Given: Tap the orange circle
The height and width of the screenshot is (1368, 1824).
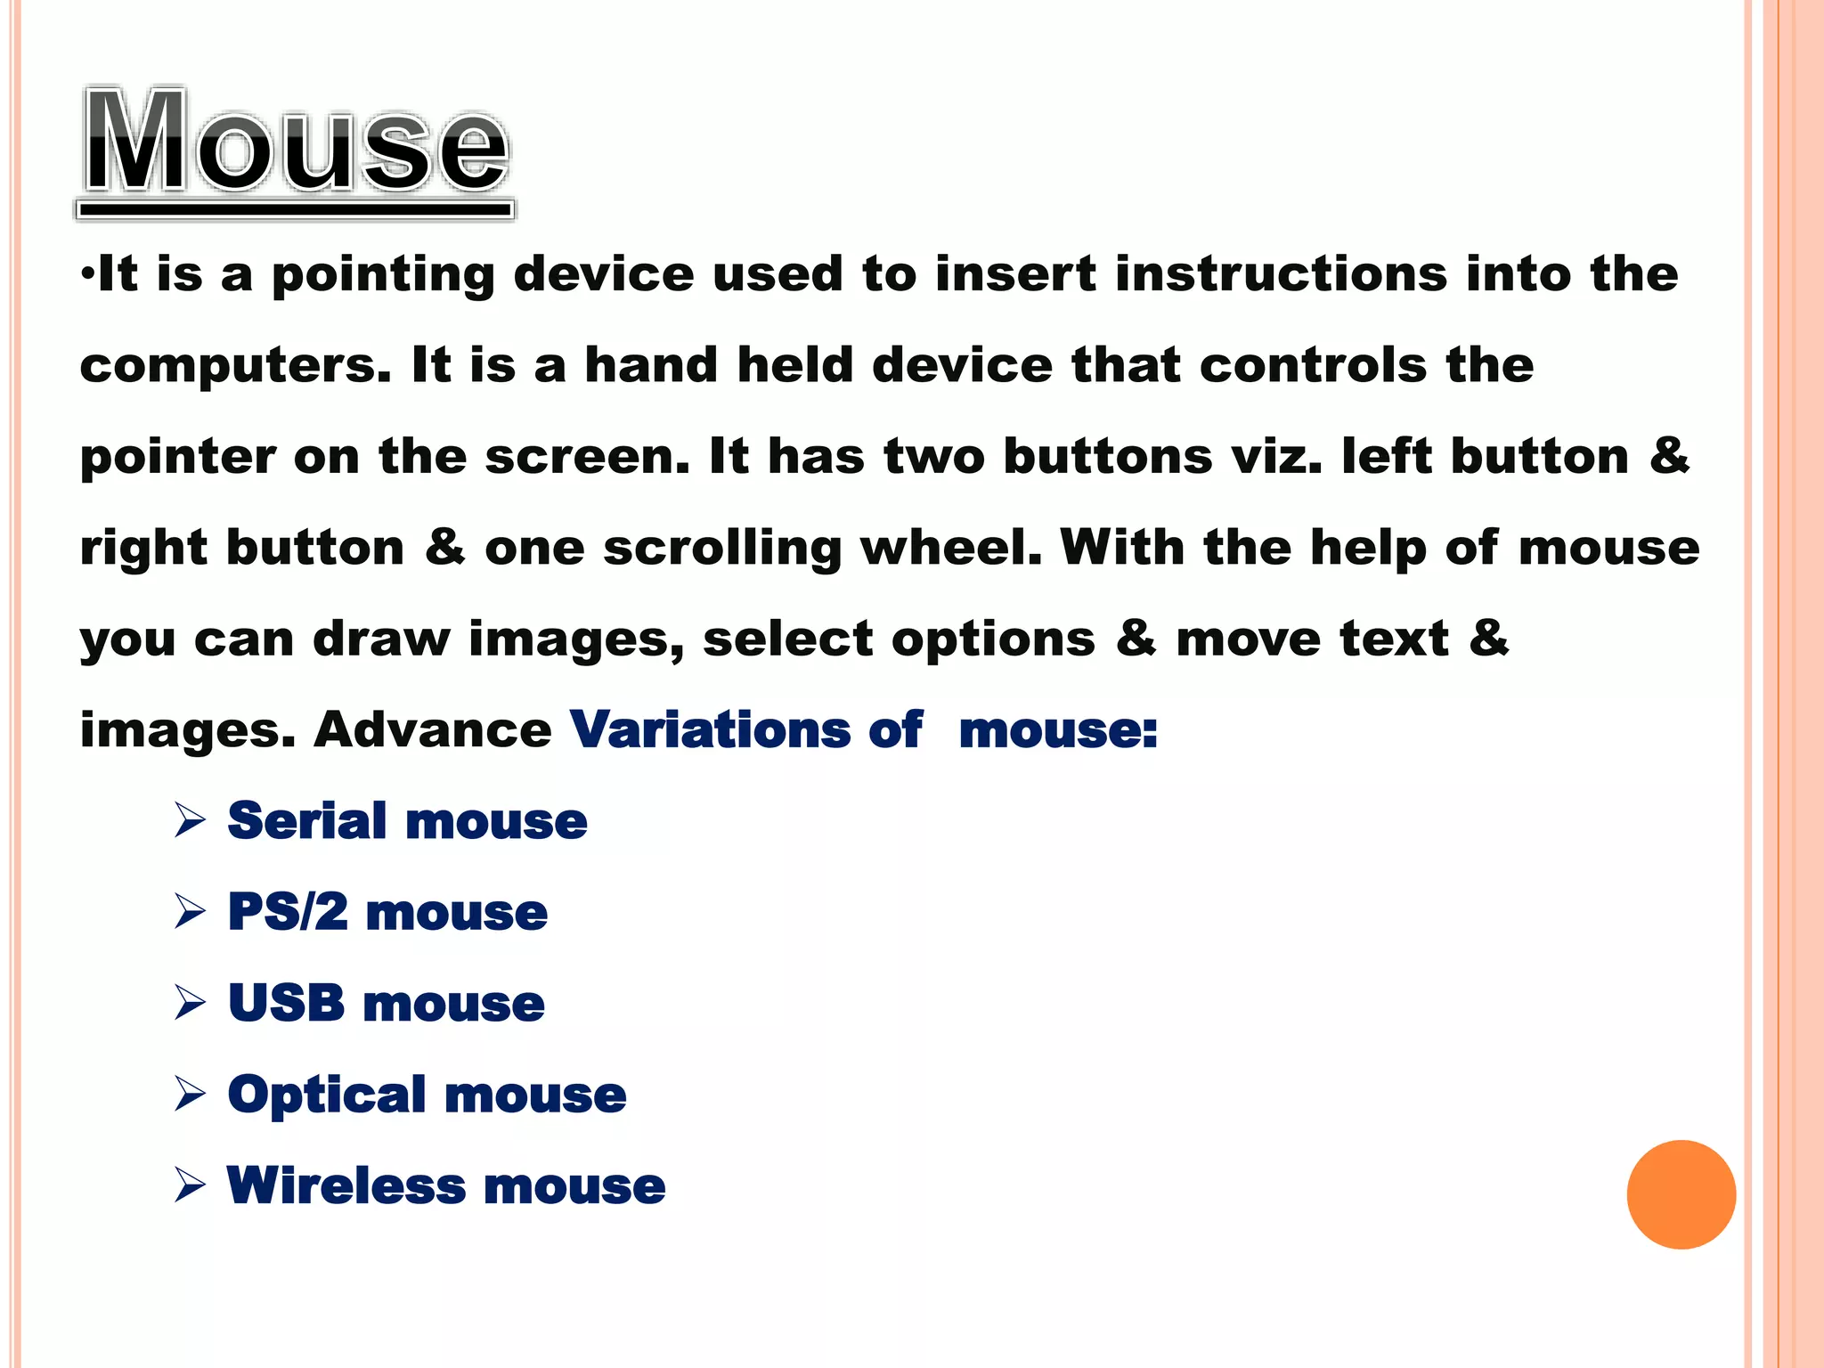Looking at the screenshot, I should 1681,1194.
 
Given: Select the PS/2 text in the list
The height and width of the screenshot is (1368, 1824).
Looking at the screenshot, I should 287,912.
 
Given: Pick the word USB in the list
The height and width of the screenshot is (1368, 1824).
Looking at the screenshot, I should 286,1003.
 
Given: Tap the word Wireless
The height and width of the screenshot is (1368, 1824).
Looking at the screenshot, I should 346,1186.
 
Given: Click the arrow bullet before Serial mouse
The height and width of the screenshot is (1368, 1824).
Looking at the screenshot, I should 191,820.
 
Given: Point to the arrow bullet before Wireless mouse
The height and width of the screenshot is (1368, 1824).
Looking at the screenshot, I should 191,1186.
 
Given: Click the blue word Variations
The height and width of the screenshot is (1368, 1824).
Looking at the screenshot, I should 709,729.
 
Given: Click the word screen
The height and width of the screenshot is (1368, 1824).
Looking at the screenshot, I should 587,456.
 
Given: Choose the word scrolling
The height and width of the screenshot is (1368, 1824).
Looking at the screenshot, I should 722,549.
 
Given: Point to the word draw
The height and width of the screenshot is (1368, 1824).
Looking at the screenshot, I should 381,639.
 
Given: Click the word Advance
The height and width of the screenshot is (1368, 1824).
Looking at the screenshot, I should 433,729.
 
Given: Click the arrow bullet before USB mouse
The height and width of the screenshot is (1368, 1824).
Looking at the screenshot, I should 191,1003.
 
